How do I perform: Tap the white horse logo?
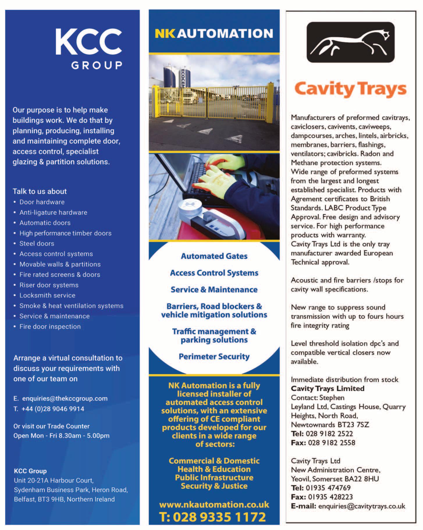(351, 42)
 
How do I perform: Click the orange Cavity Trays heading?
(350, 89)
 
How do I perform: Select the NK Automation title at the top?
(214, 34)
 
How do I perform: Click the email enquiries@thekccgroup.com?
(65, 399)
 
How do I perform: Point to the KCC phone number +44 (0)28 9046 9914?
(53, 409)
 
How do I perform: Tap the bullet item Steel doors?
(37, 243)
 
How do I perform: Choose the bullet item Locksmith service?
(47, 295)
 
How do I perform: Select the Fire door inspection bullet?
(50, 326)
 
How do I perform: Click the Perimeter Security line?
(214, 357)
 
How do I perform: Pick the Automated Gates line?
(214, 256)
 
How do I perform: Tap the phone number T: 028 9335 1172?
(213, 517)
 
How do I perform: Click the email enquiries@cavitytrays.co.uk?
(362, 506)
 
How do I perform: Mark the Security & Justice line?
(214, 486)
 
